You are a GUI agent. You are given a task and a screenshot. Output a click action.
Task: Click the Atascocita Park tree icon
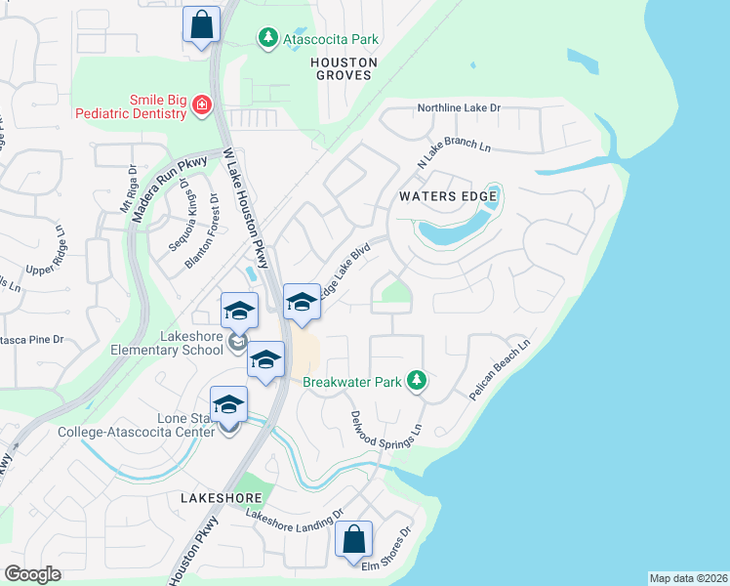(267, 37)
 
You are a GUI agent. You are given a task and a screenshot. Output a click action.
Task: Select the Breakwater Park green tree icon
(417, 380)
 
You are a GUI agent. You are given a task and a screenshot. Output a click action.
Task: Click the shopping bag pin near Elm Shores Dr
(353, 540)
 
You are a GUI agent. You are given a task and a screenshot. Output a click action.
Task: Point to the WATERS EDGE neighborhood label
(449, 196)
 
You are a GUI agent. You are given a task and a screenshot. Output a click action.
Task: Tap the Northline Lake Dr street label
(458, 107)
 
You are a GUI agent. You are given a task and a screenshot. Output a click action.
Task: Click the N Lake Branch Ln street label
(453, 152)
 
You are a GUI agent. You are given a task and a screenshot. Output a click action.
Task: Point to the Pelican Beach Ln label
(499, 370)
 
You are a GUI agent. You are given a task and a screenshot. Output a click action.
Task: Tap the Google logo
(32, 574)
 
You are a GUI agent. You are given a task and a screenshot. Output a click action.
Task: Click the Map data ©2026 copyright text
(688, 578)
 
